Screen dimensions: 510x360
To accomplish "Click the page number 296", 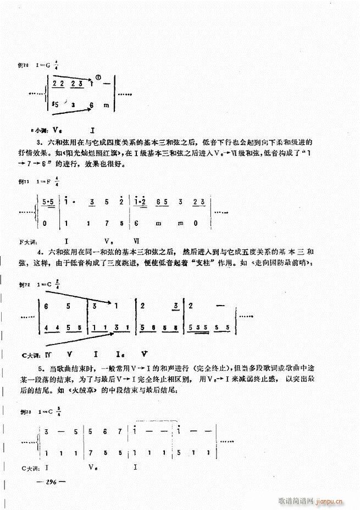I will (52, 480).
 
